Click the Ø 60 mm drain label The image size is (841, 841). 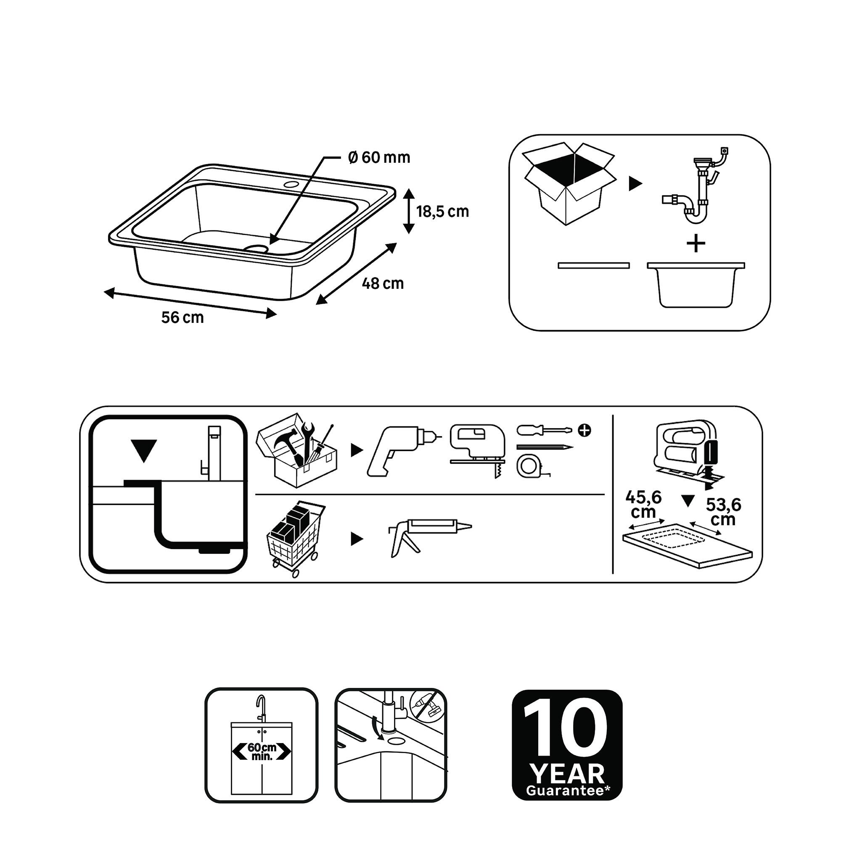tap(379, 157)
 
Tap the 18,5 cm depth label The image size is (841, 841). tap(443, 212)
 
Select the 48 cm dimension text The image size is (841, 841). tap(383, 284)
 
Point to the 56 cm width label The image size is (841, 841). tap(182, 317)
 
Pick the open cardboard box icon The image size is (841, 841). tap(569, 183)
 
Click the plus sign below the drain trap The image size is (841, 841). tap(696, 244)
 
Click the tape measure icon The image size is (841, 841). tap(532, 467)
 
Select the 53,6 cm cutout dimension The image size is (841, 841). tap(723, 512)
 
